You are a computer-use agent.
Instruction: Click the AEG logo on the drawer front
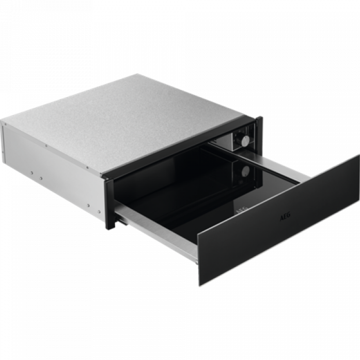(x=285, y=216)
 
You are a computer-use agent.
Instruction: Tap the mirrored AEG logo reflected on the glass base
(x=242, y=210)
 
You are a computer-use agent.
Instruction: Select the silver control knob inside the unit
(x=245, y=140)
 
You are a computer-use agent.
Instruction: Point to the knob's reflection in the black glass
(x=245, y=171)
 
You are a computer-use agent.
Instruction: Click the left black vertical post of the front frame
(x=109, y=203)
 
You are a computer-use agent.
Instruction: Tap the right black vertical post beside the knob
(x=259, y=133)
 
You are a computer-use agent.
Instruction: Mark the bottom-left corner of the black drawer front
(x=199, y=286)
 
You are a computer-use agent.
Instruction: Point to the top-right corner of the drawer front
(x=359, y=155)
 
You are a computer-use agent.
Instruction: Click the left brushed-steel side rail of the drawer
(x=156, y=232)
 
